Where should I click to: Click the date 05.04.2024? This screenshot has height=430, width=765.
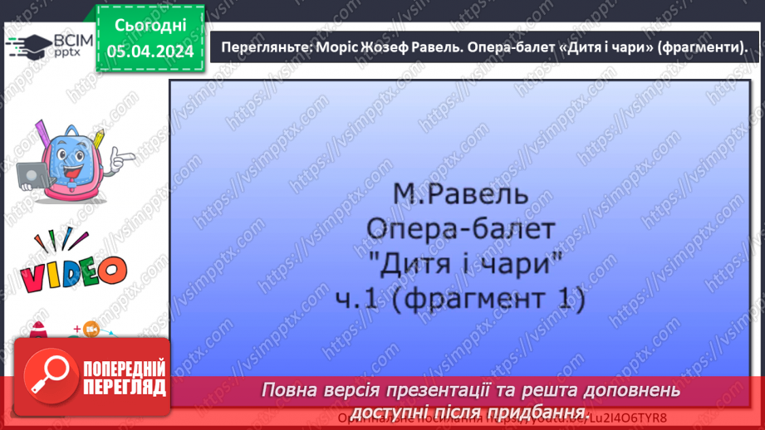pyautogui.click(x=150, y=51)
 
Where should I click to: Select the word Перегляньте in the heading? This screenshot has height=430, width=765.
pyautogui.click(x=263, y=48)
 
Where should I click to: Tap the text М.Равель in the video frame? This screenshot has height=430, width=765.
pyautogui.click(x=459, y=195)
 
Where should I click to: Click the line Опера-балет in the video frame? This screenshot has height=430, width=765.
pyautogui.click(x=459, y=229)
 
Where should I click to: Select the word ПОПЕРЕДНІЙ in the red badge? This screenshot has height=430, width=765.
pyautogui.click(x=123, y=369)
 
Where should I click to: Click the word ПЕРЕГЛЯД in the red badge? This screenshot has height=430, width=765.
pyautogui.click(x=123, y=388)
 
